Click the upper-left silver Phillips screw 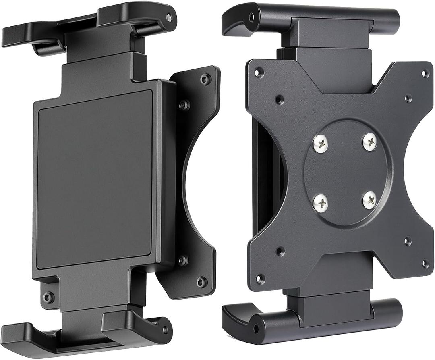pyautogui.click(x=321, y=144)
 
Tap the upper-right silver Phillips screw pyautogui.click(x=370, y=142)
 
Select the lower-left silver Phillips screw pyautogui.click(x=321, y=203)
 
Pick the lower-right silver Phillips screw pyautogui.click(x=369, y=200)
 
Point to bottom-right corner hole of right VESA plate pyautogui.click(x=425, y=264)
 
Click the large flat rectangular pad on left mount pyautogui.click(x=95, y=178)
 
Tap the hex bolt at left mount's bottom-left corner pyautogui.click(x=49, y=298)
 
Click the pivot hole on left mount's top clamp pyautogui.click(x=169, y=18)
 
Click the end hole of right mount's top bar pyautogui.click(x=252, y=18)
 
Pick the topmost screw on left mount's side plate pyautogui.click(x=206, y=79)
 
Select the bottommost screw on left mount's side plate pyautogui.click(x=201, y=282)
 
